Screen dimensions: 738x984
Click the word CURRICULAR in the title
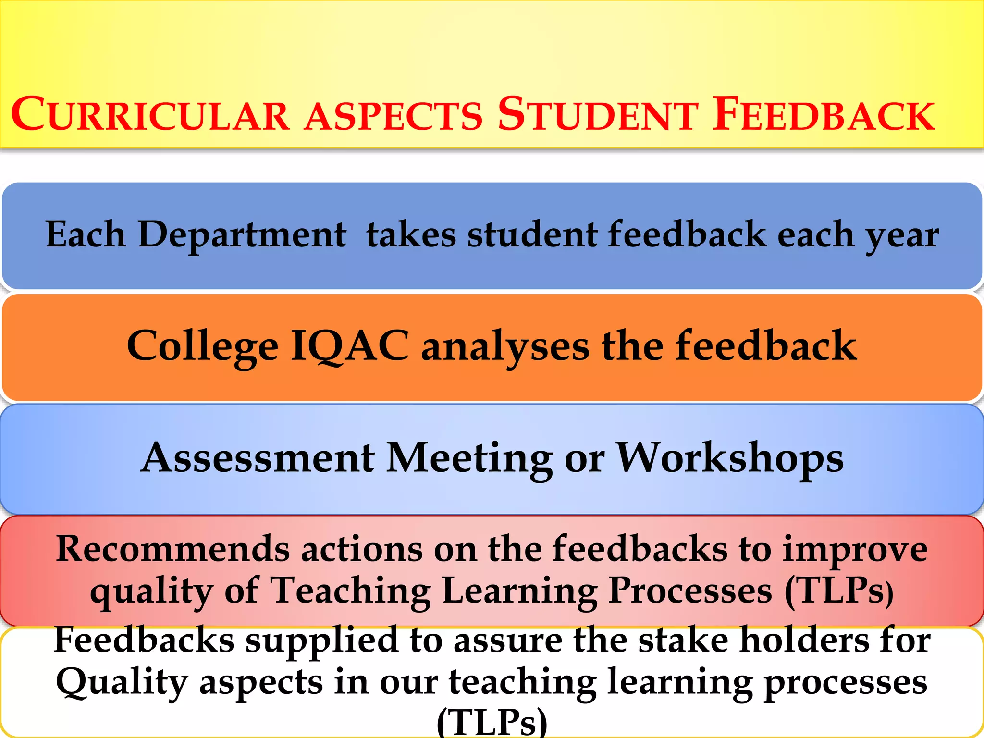click(x=150, y=115)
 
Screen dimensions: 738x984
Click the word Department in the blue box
click(x=242, y=235)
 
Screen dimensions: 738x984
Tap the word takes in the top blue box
click(x=411, y=235)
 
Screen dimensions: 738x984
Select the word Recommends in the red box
click(x=172, y=549)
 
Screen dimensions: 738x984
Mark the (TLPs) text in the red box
click(x=839, y=591)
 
